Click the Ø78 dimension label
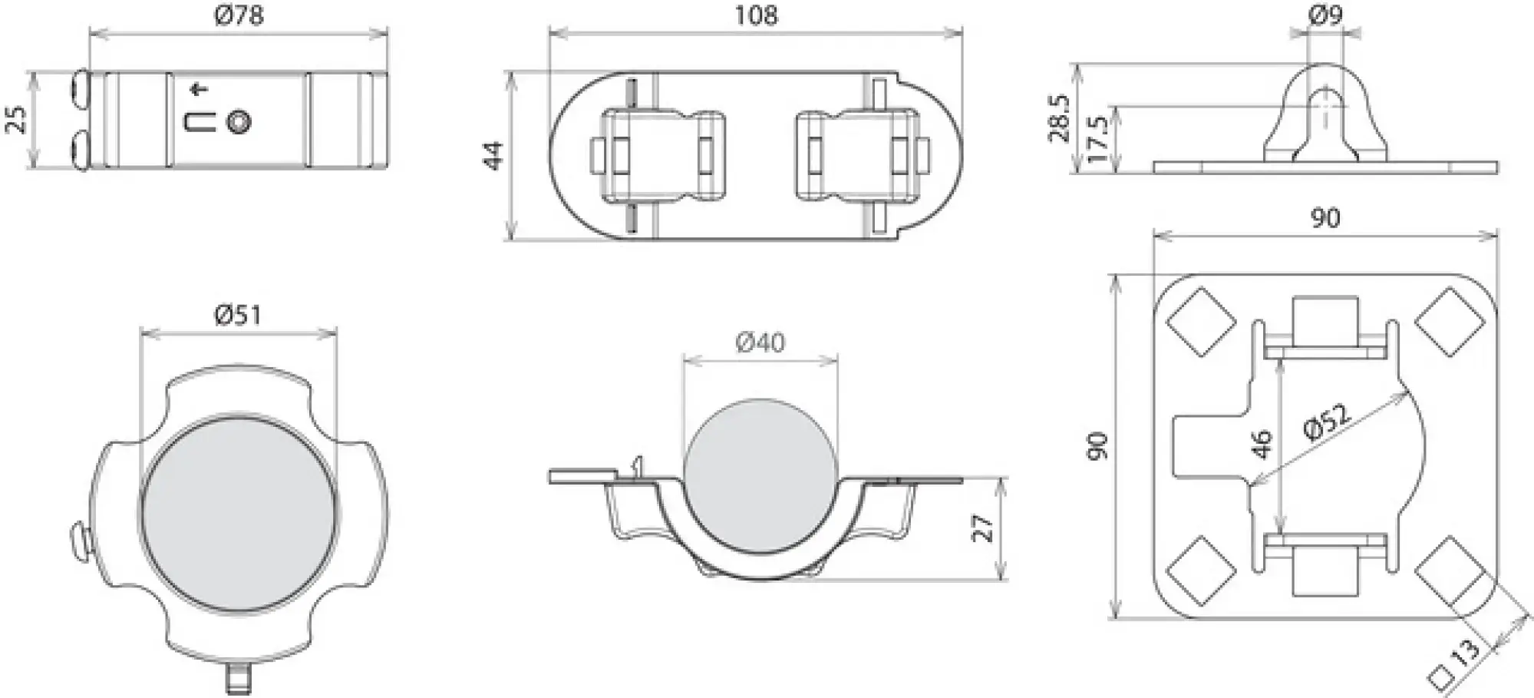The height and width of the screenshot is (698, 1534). pos(239,15)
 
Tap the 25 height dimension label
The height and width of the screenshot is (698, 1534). pos(17,119)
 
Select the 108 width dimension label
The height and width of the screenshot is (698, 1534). pos(756,15)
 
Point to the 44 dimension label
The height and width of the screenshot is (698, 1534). pos(495,155)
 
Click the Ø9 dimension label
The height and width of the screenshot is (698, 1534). pos(1325,15)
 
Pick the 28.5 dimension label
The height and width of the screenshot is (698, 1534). pos(1060,119)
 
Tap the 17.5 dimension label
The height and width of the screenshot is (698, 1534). pos(1098,139)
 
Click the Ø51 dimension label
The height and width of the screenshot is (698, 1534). pos(239,315)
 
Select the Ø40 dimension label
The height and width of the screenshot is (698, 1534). pos(760,342)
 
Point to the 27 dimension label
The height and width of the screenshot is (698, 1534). pos(983,529)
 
